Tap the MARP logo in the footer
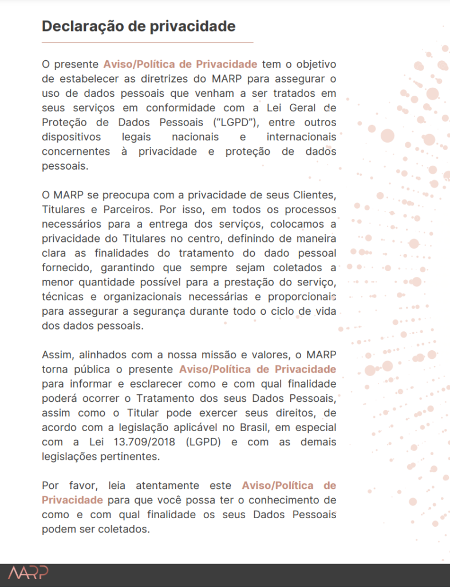28,572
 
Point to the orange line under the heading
147,42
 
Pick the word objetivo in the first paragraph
314,64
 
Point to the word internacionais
301,137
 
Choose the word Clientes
314,195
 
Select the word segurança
177,312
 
